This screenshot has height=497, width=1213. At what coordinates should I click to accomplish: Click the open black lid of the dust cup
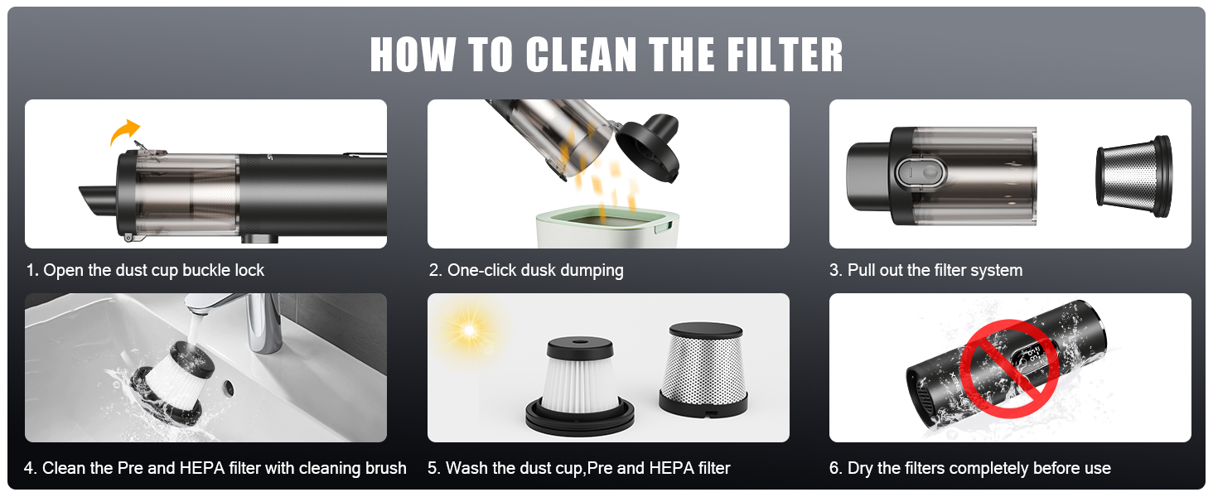click(x=648, y=147)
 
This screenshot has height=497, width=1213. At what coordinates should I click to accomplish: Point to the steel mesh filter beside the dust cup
click(x=1134, y=176)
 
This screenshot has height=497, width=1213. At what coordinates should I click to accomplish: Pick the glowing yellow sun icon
click(x=469, y=329)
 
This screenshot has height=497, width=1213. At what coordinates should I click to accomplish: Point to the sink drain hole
click(x=229, y=387)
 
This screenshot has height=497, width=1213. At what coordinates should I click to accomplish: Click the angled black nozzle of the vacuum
click(x=99, y=200)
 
